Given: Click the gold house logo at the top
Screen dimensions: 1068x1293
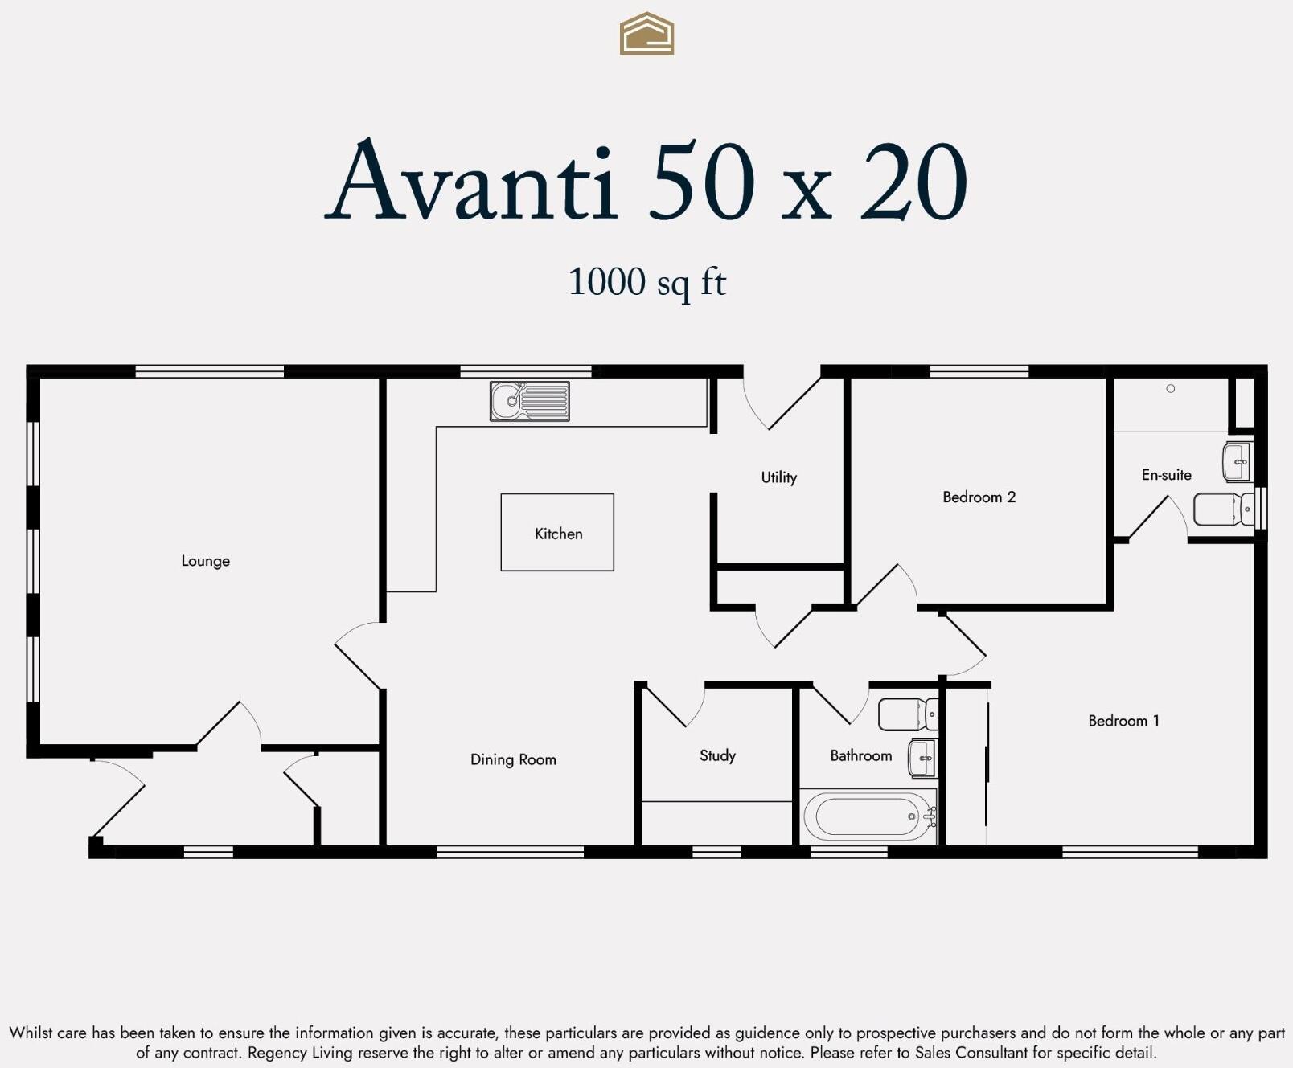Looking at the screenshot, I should (x=646, y=34).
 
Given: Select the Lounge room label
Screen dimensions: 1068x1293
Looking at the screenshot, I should (x=205, y=561).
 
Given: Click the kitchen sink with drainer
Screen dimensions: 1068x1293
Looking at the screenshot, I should (x=529, y=401).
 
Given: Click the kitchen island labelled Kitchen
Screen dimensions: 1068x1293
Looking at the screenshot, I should (x=557, y=533).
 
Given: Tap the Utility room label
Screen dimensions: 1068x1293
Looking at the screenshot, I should (x=778, y=477).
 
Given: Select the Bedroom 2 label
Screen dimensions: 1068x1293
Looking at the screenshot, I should (x=979, y=497).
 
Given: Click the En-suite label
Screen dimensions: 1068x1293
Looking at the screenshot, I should (x=1166, y=475).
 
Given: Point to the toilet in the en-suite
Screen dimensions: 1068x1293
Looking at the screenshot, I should (x=1223, y=509).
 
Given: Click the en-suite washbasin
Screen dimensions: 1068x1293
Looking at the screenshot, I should (x=1238, y=461).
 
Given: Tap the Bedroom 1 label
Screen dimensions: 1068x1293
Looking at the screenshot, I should (x=1123, y=721).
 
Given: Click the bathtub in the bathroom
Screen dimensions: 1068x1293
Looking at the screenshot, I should (x=867, y=816).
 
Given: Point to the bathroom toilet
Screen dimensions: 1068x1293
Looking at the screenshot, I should (x=907, y=714).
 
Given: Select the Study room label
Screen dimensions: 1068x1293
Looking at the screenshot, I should (x=717, y=755).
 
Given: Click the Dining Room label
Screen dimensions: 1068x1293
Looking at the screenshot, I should (x=513, y=759).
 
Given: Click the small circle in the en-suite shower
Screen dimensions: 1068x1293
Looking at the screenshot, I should (x=1171, y=389).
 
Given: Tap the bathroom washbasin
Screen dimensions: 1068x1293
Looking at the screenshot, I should (x=922, y=758).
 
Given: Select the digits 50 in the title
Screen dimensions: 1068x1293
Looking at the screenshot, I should (x=702, y=182).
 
